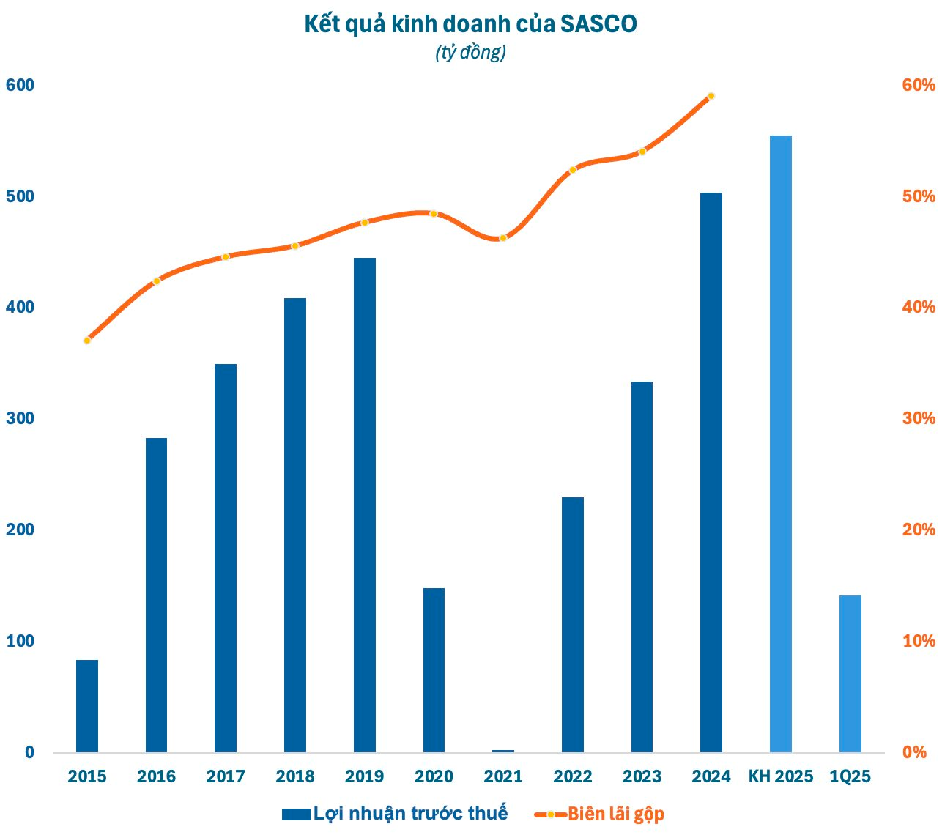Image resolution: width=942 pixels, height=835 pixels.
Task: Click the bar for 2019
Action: [365, 505]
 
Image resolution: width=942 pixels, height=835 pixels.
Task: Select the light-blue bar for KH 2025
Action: [781, 444]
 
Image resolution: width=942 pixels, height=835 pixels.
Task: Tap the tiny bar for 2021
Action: [503, 751]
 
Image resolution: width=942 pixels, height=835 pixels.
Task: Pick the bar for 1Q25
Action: [850, 674]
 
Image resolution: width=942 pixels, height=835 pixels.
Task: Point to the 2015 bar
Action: [87, 706]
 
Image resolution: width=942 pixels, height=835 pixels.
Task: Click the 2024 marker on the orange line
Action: [711, 97]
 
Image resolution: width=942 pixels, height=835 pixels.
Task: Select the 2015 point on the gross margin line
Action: [87, 341]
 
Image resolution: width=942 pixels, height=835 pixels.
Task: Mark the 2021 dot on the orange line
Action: [503, 238]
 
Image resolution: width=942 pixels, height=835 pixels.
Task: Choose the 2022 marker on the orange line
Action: [573, 169]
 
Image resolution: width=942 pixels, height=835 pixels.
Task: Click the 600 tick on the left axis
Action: [20, 85]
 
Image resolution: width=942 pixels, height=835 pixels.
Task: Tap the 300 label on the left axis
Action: [20, 419]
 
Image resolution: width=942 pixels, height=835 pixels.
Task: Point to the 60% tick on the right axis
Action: [919, 85]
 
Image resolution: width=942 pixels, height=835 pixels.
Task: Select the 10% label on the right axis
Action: [919, 641]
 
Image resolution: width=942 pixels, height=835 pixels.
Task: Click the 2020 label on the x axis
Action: [434, 776]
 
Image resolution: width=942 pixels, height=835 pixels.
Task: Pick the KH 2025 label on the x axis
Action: [781, 776]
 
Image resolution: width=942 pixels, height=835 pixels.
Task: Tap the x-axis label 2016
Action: [156, 776]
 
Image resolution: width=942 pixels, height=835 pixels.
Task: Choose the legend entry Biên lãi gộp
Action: [615, 814]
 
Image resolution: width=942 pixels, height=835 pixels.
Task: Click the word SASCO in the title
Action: [598, 24]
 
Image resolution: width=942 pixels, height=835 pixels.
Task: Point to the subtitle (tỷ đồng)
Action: [471, 53]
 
